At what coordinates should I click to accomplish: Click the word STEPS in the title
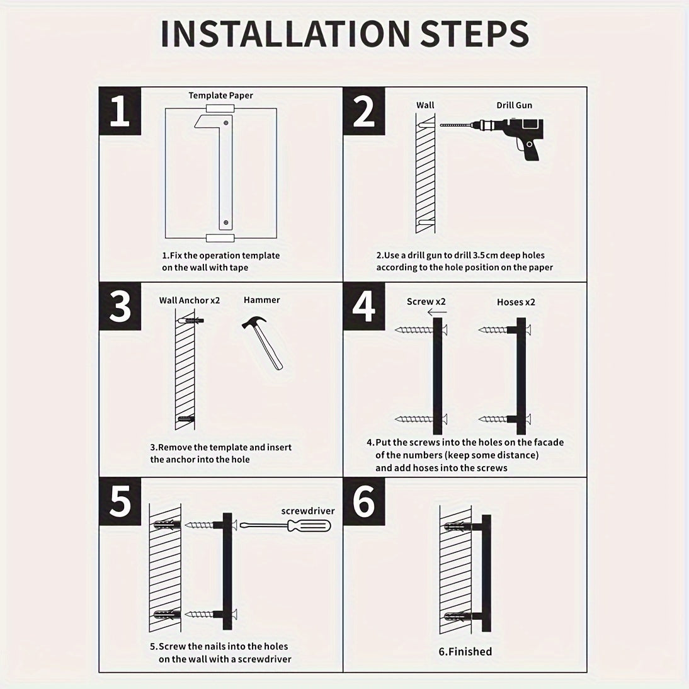(475, 33)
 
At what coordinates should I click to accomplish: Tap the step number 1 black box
(120, 111)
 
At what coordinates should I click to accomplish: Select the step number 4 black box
(364, 306)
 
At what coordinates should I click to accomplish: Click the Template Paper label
(220, 95)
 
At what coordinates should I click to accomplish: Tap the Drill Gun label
(514, 105)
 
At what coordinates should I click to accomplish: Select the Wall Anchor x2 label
(190, 300)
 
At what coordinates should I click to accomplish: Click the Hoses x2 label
(516, 302)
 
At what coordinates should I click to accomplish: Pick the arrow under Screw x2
(437, 312)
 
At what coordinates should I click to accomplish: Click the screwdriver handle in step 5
(309, 525)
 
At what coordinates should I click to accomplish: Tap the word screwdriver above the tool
(307, 511)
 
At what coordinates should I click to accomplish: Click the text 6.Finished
(465, 652)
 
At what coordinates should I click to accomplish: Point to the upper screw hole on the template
(226, 123)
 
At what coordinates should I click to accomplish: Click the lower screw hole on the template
(226, 223)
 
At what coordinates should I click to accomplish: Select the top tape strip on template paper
(220, 108)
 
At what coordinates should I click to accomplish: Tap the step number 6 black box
(364, 501)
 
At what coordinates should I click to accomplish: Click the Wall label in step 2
(425, 105)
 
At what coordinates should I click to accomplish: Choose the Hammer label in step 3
(261, 300)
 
